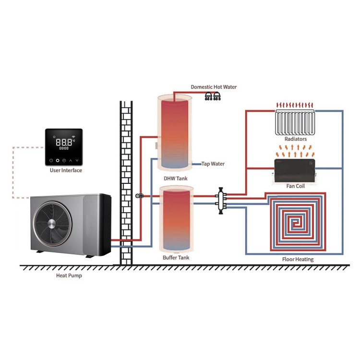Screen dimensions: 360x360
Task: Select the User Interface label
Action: pos(66,170)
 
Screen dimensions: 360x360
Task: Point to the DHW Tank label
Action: pos(175,179)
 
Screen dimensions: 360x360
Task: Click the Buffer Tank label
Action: pos(176,258)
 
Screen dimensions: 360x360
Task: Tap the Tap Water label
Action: pos(213,164)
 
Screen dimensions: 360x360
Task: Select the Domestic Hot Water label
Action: pos(214,87)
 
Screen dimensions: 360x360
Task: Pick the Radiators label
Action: pos(295,139)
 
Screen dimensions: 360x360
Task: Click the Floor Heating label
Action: pos(298,259)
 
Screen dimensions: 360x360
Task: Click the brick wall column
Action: pos(126,182)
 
